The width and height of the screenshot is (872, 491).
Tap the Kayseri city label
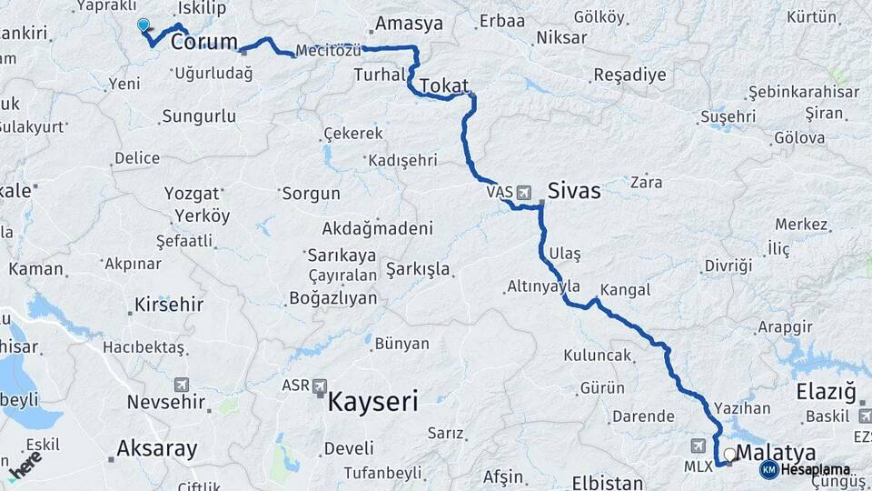tap(372, 401)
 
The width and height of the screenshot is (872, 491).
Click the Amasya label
tap(409, 25)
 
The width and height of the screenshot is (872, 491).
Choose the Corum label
tap(204, 42)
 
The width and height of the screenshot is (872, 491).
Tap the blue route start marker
tap(144, 25)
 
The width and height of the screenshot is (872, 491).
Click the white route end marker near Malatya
tap(729, 452)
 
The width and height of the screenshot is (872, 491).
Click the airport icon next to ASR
tap(320, 386)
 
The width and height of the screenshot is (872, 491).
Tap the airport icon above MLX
tap(698, 446)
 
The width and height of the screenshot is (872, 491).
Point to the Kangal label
tap(627, 289)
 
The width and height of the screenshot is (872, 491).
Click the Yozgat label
tap(192, 193)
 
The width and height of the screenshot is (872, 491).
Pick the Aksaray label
tap(157, 448)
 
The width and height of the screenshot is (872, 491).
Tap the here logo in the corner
tap(25, 466)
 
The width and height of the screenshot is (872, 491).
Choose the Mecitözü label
tap(328, 51)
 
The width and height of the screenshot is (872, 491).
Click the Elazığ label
tap(826, 393)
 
